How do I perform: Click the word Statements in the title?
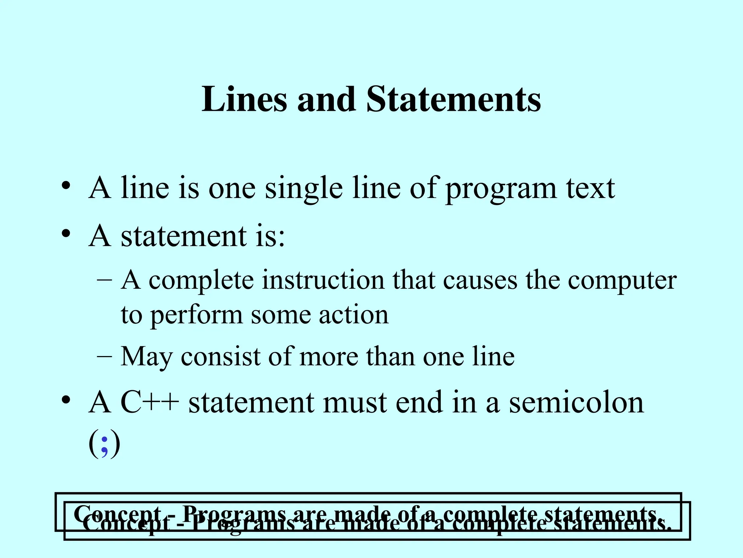click(453, 100)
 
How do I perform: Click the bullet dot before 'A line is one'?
click(66, 186)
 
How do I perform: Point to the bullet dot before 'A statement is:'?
click(66, 234)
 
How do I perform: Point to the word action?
click(354, 315)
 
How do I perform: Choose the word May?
click(146, 357)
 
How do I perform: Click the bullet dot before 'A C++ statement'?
click(66, 400)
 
